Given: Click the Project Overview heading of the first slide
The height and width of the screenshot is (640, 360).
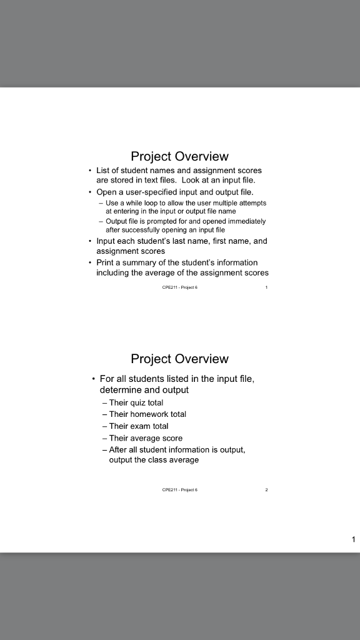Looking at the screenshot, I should [179, 156].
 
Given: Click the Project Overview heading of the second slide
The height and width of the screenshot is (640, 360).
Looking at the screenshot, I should [179, 359].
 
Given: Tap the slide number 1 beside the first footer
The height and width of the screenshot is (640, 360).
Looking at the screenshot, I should [266, 287].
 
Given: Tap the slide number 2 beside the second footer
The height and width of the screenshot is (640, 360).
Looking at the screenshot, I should [266, 490].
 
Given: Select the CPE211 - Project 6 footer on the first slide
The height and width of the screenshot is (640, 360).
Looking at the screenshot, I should [179, 287].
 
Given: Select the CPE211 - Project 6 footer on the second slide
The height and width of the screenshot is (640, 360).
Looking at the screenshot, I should [179, 490].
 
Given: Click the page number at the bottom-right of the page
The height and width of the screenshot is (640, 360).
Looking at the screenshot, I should [353, 539].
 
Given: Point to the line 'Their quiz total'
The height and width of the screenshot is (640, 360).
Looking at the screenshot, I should [136, 402].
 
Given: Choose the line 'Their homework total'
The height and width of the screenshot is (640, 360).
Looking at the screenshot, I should [147, 414].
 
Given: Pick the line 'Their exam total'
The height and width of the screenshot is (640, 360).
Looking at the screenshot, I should [139, 426].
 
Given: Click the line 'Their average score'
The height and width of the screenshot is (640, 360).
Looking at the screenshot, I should [146, 438].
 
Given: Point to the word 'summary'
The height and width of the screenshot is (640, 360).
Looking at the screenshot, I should [136, 262].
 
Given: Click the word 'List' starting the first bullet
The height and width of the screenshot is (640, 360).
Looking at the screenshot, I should [102, 170].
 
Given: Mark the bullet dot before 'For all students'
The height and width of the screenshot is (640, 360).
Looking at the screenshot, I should [93, 379].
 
